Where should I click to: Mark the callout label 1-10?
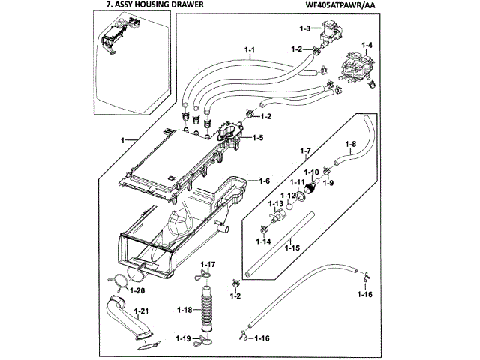tap(310, 171)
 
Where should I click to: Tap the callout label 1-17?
tap(207, 265)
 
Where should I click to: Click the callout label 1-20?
tap(137, 290)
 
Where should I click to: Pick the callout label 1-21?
tap(141, 310)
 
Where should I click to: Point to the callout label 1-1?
tap(250, 50)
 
